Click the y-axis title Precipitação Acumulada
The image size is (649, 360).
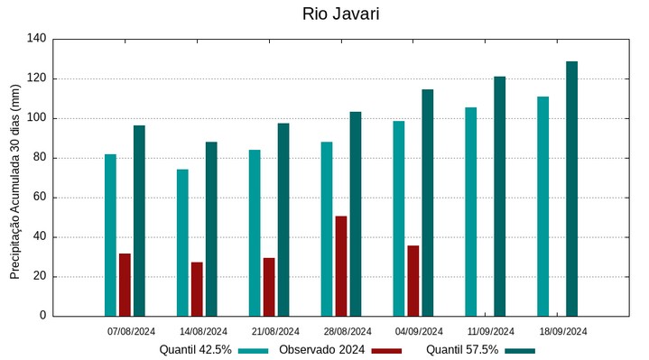(x=14, y=180)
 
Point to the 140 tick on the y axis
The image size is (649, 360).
(x=36, y=39)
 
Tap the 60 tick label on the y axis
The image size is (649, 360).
(x=39, y=198)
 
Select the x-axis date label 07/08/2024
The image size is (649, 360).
(x=131, y=331)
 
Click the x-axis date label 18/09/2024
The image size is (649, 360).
(x=563, y=331)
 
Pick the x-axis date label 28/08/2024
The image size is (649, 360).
(x=348, y=331)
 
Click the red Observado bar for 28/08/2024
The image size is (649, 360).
(x=341, y=266)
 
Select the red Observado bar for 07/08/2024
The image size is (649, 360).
(x=125, y=284)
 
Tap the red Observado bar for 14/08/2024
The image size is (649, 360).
(x=197, y=289)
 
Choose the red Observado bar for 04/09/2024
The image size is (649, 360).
(x=413, y=281)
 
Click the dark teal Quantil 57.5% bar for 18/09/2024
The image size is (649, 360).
(x=571, y=189)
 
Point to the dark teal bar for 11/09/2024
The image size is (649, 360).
(x=499, y=196)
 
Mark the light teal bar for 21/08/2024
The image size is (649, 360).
(x=255, y=233)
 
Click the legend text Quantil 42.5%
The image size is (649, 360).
(x=196, y=350)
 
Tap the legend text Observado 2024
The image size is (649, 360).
(x=321, y=350)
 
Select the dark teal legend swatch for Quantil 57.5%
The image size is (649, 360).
(x=520, y=350)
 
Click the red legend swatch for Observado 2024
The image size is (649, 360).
(x=386, y=350)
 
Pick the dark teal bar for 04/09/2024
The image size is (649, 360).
(x=427, y=203)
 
